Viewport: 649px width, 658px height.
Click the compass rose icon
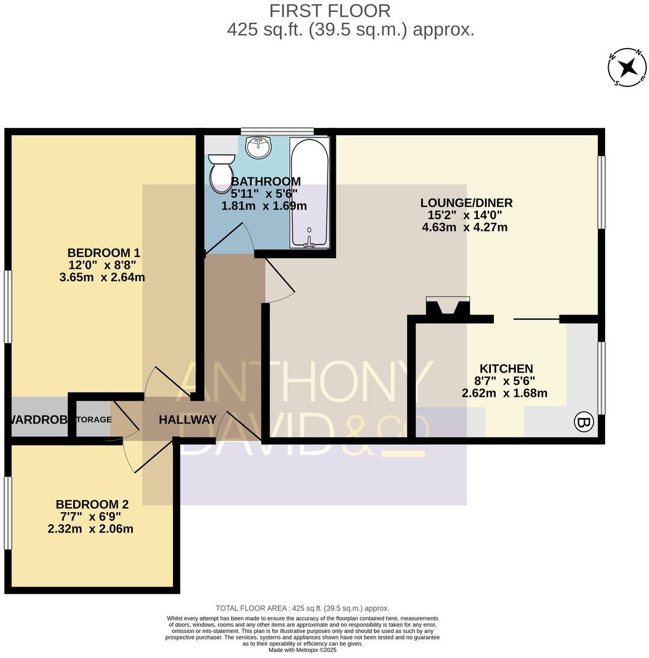627,67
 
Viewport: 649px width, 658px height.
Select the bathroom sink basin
259,146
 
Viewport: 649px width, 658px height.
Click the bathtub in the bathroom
309,192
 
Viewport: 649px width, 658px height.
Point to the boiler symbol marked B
583,422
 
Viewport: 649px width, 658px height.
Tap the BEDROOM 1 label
103,252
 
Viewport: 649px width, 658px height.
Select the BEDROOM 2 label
92,504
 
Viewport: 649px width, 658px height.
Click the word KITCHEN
506,369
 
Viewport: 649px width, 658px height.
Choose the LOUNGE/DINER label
466,203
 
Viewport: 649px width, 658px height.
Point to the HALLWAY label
187,420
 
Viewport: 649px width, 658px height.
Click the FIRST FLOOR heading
330,11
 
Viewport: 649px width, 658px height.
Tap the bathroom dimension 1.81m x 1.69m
264,206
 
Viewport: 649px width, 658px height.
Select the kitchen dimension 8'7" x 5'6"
506,381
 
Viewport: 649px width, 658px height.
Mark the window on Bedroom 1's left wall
8,306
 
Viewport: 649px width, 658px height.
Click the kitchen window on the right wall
601,378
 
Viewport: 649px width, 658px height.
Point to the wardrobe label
37,420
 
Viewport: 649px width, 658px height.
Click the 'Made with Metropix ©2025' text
302,650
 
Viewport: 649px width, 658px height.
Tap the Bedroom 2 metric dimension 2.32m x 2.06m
90,529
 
